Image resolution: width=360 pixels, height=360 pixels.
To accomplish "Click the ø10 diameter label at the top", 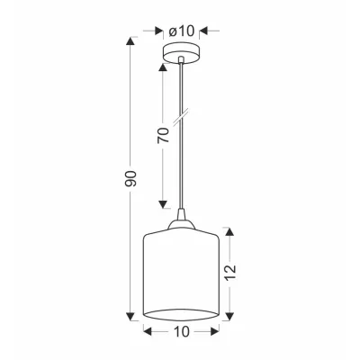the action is point(182,31).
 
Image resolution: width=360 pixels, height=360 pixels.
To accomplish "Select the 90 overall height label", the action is point(130,179).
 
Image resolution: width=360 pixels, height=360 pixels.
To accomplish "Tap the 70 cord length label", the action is point(163,135).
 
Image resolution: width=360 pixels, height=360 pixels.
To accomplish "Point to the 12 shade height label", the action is point(230,273).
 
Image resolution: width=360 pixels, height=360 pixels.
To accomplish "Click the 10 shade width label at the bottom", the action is point(181,332).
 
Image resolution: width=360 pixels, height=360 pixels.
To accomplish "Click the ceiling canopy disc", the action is point(181,54).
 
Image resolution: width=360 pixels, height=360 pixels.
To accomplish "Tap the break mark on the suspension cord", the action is point(181,117).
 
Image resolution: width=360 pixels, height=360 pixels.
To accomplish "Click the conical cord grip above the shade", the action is point(181,214).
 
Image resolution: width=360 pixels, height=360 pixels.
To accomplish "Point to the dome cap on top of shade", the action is point(181,225).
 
